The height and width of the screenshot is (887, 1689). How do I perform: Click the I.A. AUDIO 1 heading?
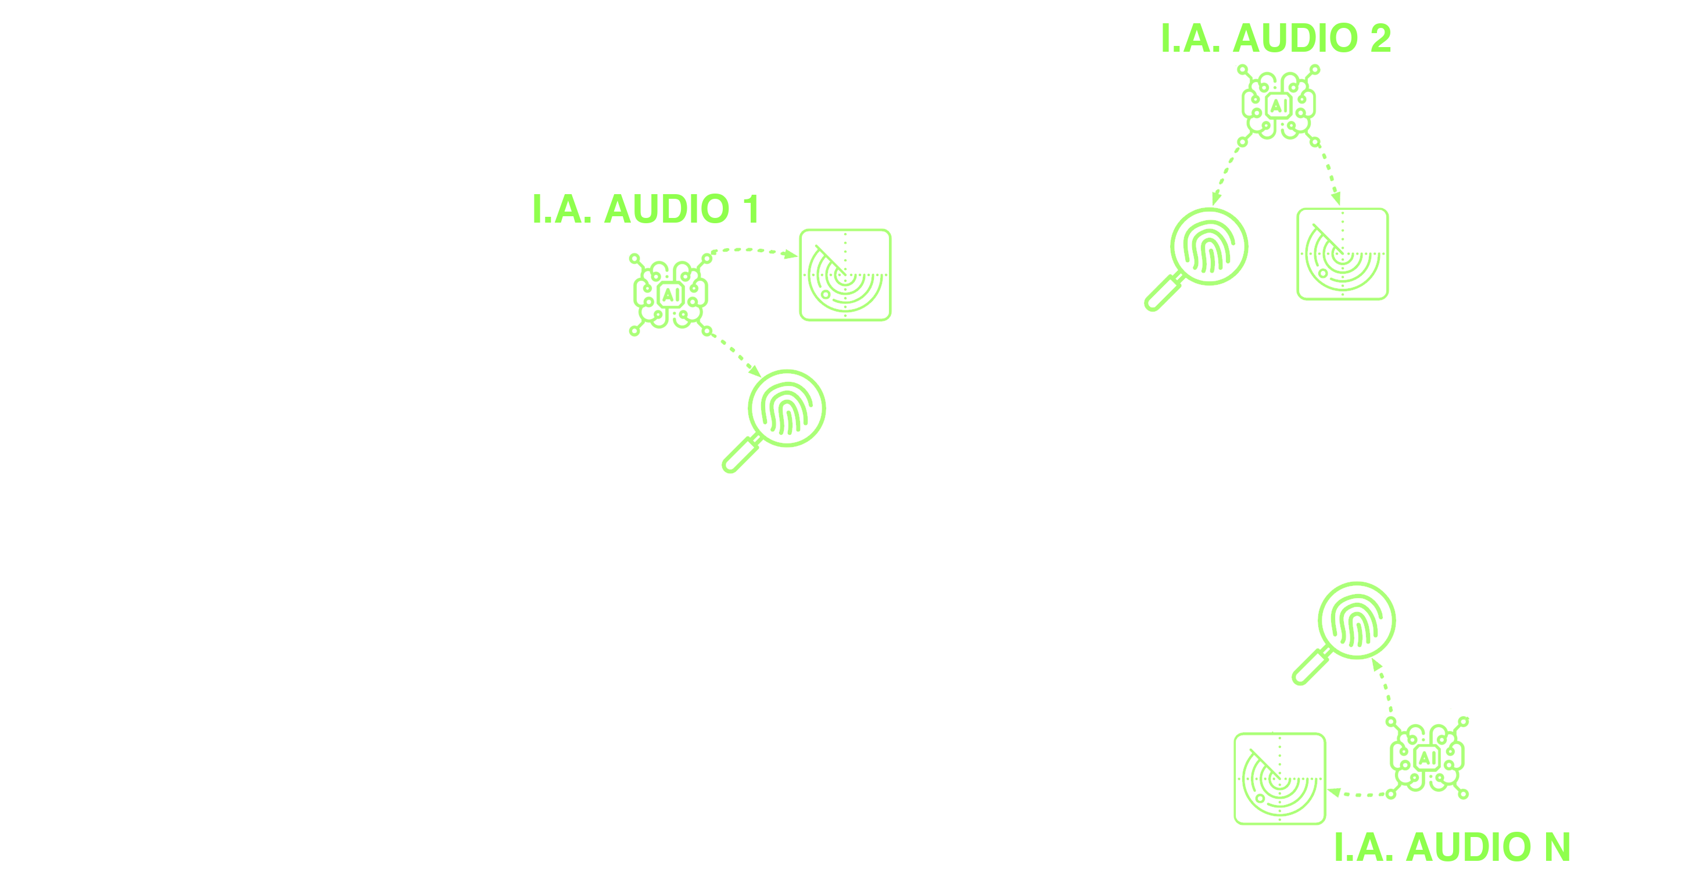click(x=646, y=209)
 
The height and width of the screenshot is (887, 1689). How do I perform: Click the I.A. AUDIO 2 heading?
click(x=1275, y=39)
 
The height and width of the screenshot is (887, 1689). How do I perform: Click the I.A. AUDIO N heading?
click(x=1453, y=847)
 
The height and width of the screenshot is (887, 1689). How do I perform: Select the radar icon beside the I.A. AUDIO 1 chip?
click(x=845, y=275)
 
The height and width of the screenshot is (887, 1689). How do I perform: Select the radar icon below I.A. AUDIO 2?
click(x=1342, y=254)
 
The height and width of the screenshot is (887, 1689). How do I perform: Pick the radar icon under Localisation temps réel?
click(x=1279, y=779)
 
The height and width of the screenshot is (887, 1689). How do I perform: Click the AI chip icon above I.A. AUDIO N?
click(x=1428, y=758)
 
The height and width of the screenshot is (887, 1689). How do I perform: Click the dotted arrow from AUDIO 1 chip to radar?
click(x=751, y=250)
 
